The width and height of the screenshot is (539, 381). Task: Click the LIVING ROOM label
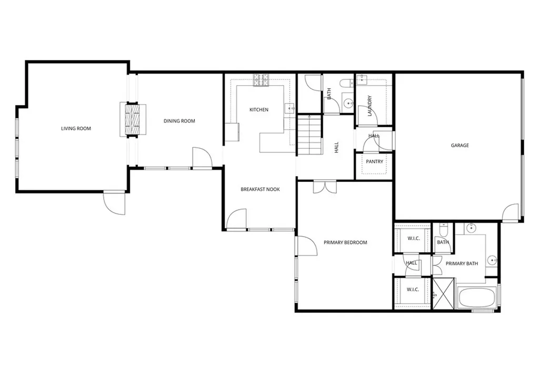(x=76, y=129)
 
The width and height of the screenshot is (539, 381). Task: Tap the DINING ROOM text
(x=179, y=121)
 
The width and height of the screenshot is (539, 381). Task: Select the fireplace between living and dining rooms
(x=132, y=119)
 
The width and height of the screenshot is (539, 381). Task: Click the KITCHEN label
(x=258, y=110)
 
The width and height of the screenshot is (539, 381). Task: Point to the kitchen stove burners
(x=261, y=80)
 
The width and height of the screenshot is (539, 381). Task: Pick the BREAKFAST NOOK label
(x=260, y=189)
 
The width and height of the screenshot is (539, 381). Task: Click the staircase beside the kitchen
(x=309, y=135)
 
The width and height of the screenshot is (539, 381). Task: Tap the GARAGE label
(x=459, y=146)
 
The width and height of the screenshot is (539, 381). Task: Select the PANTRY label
(x=374, y=162)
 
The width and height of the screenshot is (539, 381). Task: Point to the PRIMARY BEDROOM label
(x=345, y=243)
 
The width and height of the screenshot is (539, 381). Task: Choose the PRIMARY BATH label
(x=462, y=264)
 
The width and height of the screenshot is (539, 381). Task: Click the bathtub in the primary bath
(x=477, y=297)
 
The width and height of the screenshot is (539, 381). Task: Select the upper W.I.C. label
(x=413, y=239)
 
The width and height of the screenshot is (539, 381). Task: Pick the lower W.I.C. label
(x=413, y=290)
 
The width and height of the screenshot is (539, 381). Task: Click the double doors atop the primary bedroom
(x=324, y=187)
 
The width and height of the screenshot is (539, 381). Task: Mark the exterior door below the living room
(x=115, y=202)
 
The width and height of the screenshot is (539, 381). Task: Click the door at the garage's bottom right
(x=510, y=213)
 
